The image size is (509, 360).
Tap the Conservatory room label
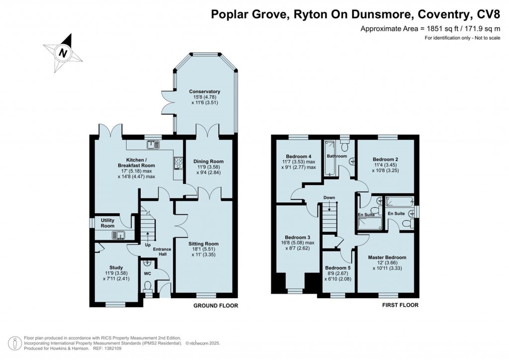click(x=204, y=92)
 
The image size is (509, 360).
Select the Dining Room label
click(x=208, y=162)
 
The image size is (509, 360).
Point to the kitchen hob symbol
click(x=177, y=163)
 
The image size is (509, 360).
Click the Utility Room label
click(x=108, y=223)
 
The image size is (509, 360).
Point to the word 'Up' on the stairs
click(x=148, y=245)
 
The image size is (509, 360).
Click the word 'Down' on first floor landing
click(x=329, y=197)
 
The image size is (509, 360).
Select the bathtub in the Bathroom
click(x=329, y=158)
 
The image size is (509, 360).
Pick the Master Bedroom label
click(x=387, y=258)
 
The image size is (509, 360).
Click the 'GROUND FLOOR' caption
click(x=215, y=305)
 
